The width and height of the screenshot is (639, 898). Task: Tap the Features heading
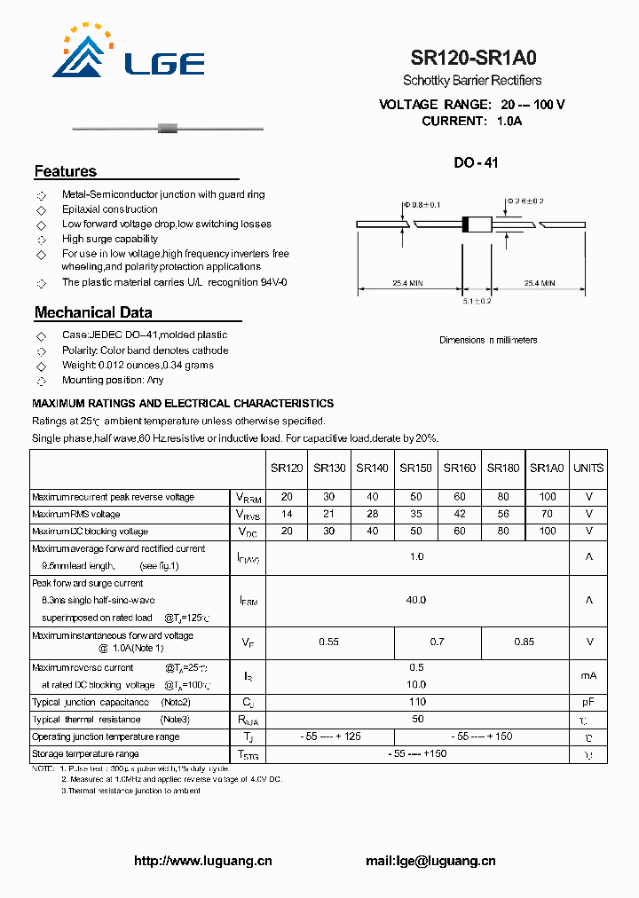point(66,171)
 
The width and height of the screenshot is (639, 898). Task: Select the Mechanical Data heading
point(93,312)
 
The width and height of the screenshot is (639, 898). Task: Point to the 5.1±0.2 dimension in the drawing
point(477,301)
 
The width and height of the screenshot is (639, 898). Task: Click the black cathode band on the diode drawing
point(465,225)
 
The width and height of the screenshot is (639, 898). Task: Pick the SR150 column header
point(415,468)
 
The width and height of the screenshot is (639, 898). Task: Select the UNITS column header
point(588,468)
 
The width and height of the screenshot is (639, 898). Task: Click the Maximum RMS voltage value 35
point(415,514)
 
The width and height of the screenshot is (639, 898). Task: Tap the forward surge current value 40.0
point(415,600)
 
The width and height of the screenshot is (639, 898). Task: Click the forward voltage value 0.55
point(329,642)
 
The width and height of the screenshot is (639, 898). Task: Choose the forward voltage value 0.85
point(524,642)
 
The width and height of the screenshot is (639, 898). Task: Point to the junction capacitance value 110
point(416,702)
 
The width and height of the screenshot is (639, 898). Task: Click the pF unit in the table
point(588,702)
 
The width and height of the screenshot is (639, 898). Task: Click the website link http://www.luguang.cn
point(202,861)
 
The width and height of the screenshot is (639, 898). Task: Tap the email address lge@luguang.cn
point(430,861)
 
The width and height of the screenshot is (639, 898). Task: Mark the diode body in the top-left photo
point(168,129)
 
